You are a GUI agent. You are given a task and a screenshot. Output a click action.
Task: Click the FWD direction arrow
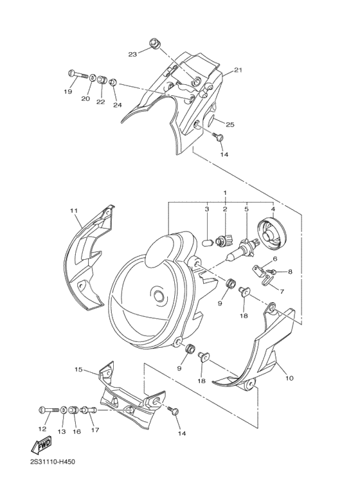[x=40, y=445]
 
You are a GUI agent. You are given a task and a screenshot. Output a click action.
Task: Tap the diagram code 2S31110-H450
[x=52, y=462]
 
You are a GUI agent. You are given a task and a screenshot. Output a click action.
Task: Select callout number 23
[x=132, y=54]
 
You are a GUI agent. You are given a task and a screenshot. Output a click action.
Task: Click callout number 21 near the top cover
[x=238, y=70]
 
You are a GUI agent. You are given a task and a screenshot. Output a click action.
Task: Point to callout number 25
[x=230, y=125]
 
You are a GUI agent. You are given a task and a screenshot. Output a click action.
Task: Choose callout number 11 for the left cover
[x=74, y=210]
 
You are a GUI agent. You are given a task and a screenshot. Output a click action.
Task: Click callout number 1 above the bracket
[x=225, y=192]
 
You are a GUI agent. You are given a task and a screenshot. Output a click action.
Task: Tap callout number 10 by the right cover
[x=289, y=378]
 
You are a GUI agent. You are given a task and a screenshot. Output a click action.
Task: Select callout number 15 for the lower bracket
[x=78, y=369]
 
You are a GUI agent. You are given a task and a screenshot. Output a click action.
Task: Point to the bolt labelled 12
[x=50, y=410]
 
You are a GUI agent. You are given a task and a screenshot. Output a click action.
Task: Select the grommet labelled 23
[x=154, y=44]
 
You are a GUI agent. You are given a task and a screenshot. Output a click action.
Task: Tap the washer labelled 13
[x=64, y=410]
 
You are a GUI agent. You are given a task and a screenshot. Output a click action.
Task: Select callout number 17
[x=94, y=430]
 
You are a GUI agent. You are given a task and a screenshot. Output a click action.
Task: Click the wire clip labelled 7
[x=269, y=280]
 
